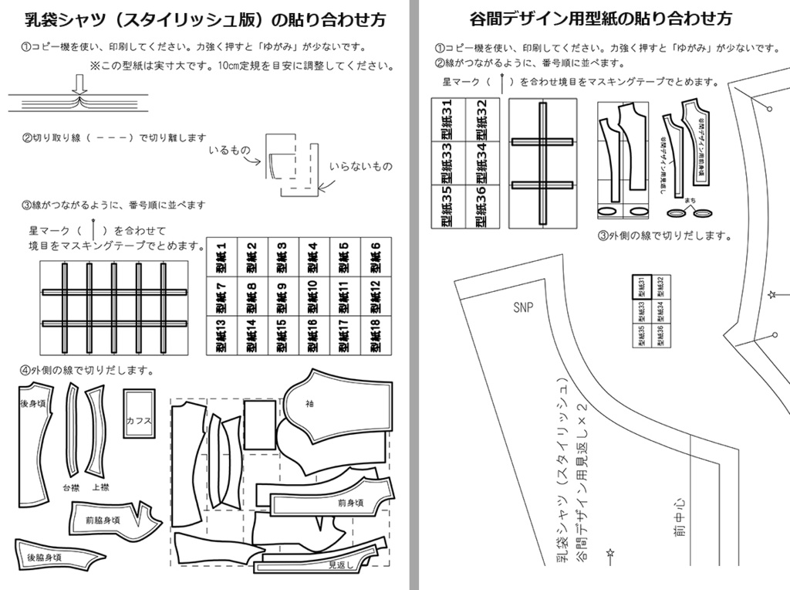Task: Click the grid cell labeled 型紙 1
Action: pos(221,258)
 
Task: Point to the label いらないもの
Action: pos(360,167)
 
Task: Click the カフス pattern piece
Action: pos(140,421)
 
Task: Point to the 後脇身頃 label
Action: pos(43,557)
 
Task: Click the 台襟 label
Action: pos(70,487)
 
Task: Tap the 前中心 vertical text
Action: pos(679,517)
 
